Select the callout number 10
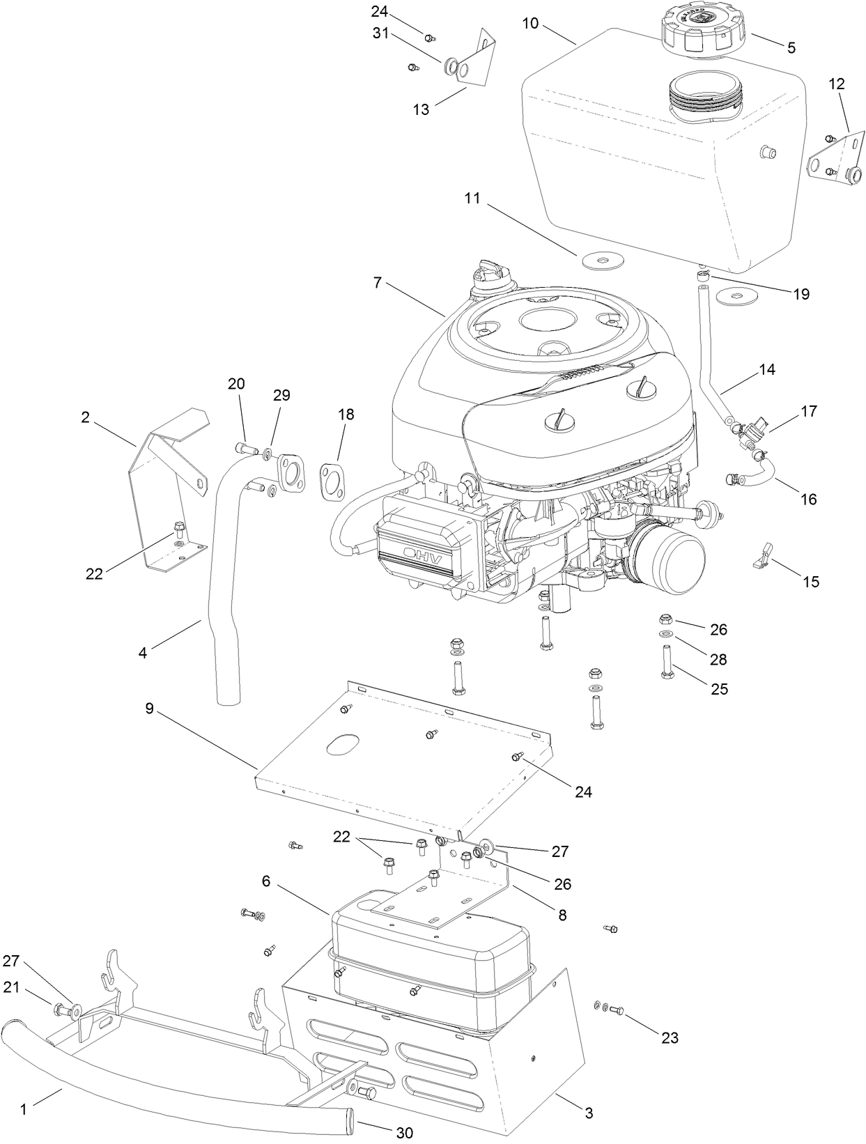pos(530,24)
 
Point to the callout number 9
pos(149,709)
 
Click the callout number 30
pos(404,1134)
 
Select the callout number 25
pos(719,688)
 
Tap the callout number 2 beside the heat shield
pos(85,417)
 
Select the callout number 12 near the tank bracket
pos(836,84)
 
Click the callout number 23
pos(669,1037)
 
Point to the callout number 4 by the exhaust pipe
pos(143,653)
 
